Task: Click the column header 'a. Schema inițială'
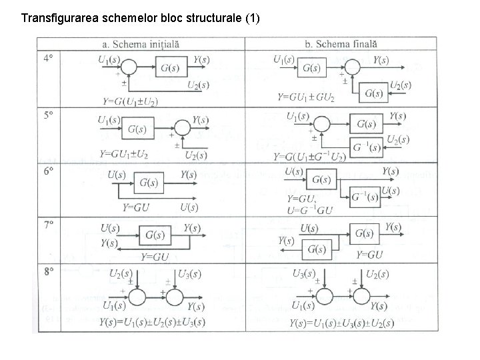pos(141,44)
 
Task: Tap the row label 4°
pos(48,59)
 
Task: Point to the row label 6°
pos(48,171)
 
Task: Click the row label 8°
pos(49,271)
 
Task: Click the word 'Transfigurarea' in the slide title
pos(61,18)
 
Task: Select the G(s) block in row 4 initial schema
pos(170,67)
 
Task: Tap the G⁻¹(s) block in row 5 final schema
pos(367,146)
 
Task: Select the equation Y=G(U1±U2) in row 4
pos(131,101)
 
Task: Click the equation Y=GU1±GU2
pos(306,97)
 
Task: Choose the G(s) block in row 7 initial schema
pos(155,236)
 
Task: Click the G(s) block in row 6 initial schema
pos(151,182)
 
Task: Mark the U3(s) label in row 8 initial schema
pos(192,273)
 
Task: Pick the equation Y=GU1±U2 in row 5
pos(124,154)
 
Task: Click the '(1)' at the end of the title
pos(252,18)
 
